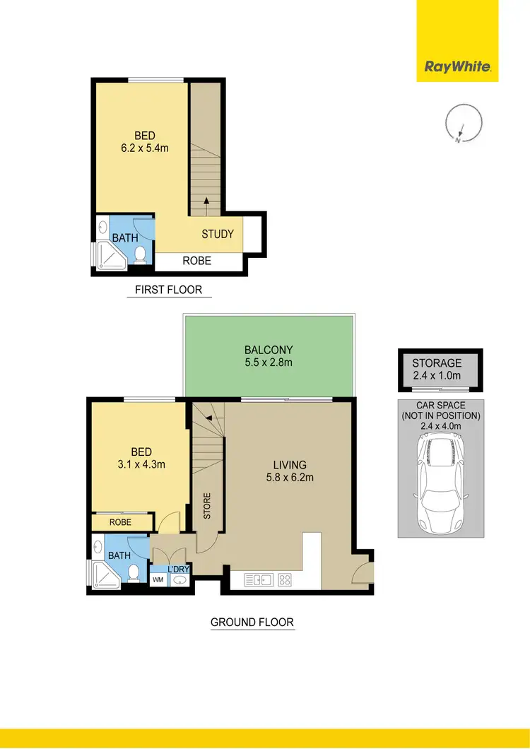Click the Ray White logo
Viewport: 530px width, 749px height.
pyautogui.click(x=457, y=67)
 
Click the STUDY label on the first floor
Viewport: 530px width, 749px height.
pyautogui.click(x=217, y=234)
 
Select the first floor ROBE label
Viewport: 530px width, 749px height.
pyautogui.click(x=196, y=261)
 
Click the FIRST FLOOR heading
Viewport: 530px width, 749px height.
pyautogui.click(x=169, y=290)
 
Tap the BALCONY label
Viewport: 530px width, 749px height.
pyautogui.click(x=269, y=350)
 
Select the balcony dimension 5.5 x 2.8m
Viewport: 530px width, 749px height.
pyautogui.click(x=269, y=362)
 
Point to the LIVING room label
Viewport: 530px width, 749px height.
pyautogui.click(x=290, y=465)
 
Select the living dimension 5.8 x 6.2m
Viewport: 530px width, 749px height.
pyautogui.click(x=290, y=478)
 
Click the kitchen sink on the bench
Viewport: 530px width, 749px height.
pyautogui.click(x=259, y=580)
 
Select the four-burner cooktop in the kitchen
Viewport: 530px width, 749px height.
pyautogui.click(x=286, y=580)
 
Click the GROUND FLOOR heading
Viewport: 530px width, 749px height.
pyautogui.click(x=252, y=623)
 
